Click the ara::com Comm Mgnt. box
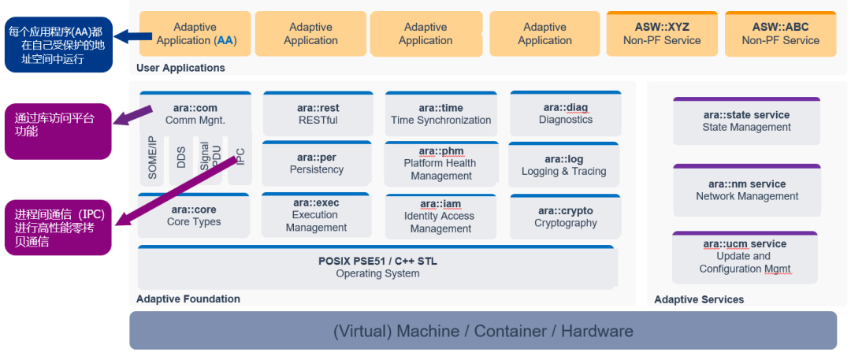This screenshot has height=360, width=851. point(195,114)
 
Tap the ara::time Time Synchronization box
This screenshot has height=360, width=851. point(440,114)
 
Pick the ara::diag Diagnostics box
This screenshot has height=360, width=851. point(565,113)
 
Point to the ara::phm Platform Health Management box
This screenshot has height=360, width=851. point(440,163)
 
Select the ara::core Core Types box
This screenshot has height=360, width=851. point(194,216)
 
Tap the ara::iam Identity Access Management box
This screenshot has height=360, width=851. point(440,216)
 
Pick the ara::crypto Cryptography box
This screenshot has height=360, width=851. point(565,217)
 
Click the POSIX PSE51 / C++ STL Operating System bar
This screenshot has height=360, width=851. point(377,268)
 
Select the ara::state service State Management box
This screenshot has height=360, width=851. point(746,121)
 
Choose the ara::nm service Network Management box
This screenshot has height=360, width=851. point(746,190)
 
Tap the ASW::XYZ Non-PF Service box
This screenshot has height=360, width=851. point(661,34)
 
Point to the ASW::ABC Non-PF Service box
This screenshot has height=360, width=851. point(780,34)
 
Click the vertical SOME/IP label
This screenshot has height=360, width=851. point(153,158)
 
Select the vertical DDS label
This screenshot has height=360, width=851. point(181,158)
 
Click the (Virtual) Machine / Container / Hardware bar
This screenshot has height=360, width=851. point(482,331)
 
